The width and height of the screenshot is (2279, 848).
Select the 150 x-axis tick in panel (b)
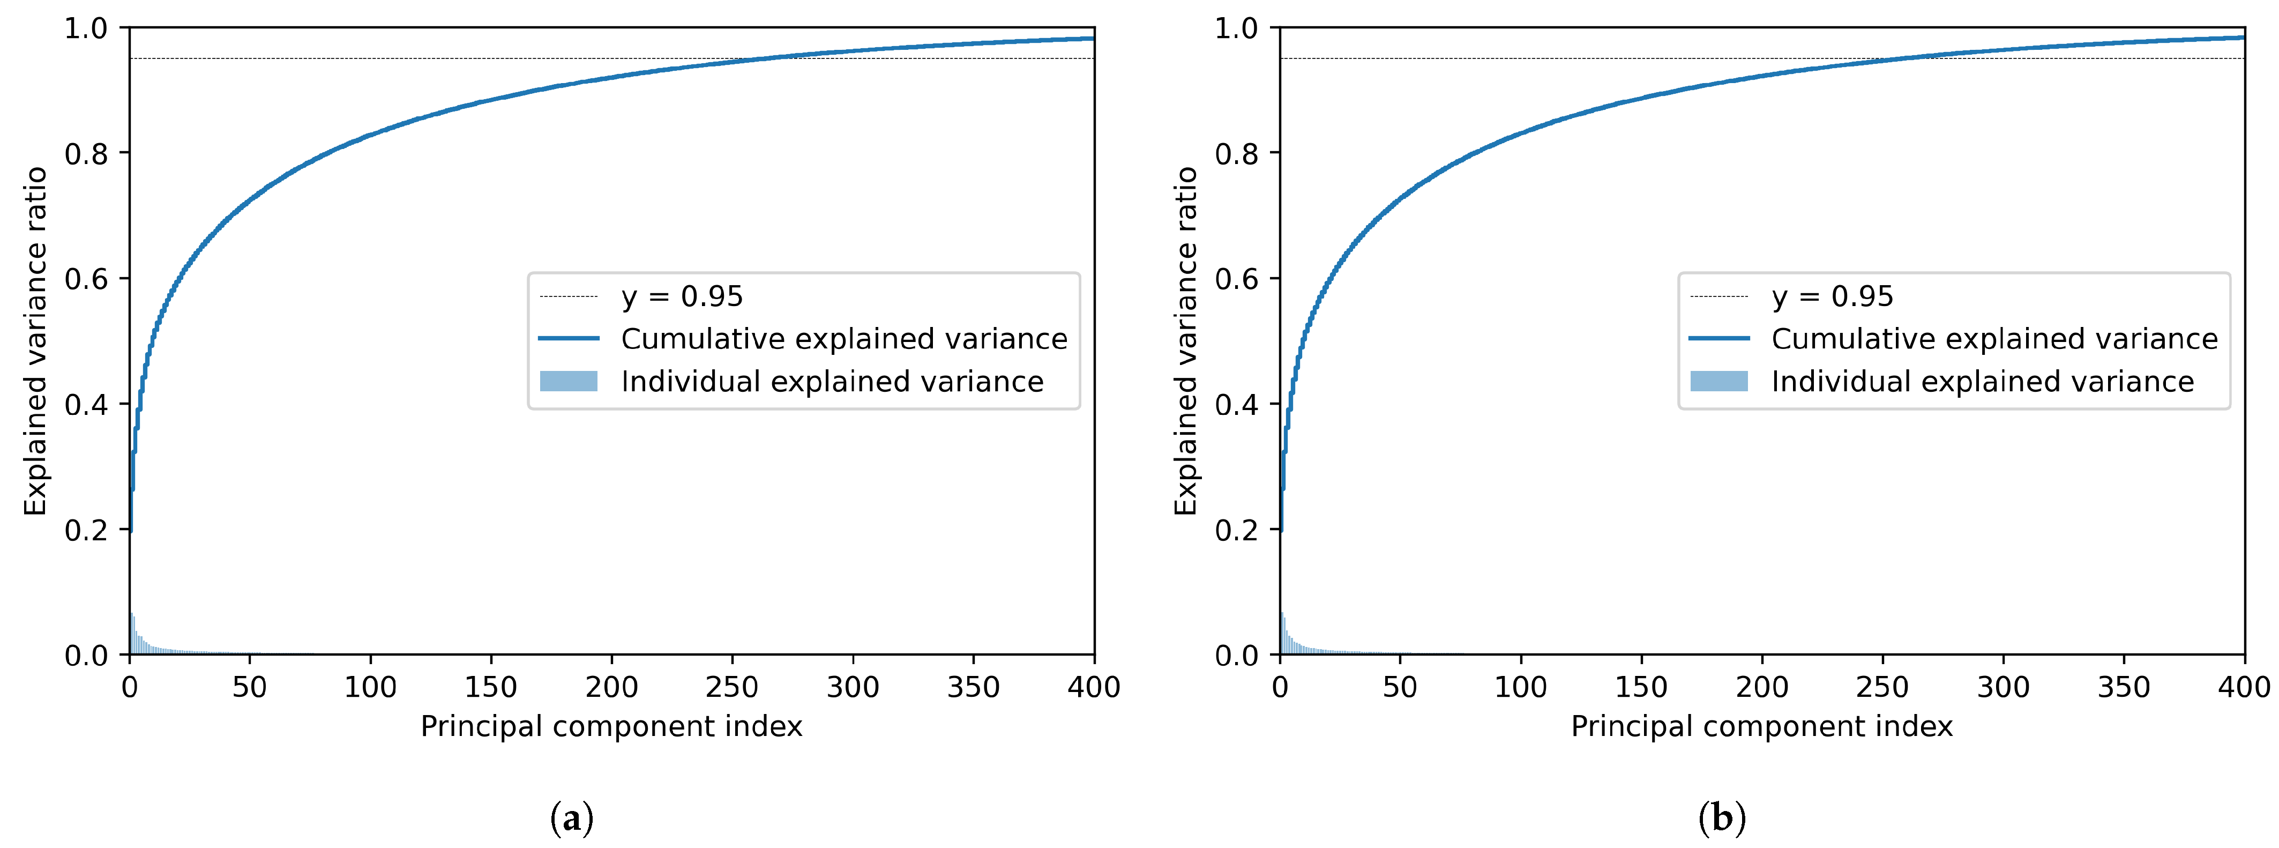[1641, 687]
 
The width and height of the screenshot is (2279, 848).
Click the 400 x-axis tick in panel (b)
[2244, 687]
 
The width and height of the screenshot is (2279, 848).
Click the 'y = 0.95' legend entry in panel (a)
[681, 296]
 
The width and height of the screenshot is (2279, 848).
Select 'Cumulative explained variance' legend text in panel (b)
[1994, 339]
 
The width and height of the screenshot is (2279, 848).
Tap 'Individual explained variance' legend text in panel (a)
[832, 382]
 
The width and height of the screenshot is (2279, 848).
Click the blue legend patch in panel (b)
[1719, 382]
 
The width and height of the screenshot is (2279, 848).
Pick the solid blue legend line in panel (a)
[569, 339]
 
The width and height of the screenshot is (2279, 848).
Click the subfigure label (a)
[572, 818]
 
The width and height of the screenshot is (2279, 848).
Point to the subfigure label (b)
[1722, 818]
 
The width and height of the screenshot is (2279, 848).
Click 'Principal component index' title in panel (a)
[611, 727]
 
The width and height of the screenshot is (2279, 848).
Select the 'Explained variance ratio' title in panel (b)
[1185, 341]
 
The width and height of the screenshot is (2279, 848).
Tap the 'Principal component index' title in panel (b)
[1761, 727]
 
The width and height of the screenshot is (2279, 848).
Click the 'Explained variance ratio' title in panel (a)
[35, 341]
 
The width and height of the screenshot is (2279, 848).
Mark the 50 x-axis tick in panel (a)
[250, 687]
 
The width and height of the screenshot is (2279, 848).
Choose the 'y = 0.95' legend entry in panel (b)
[1832, 296]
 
